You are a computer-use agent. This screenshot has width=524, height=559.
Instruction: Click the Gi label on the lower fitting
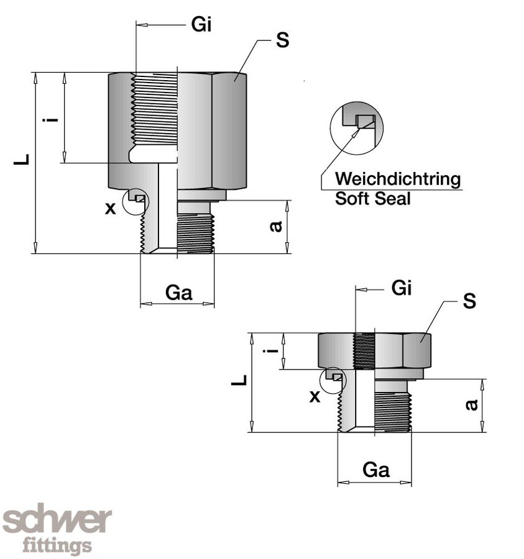tap(402, 288)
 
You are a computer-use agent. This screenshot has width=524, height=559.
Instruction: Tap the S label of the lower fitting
tap(469, 301)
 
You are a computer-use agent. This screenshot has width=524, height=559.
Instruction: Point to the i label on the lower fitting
tap(270, 352)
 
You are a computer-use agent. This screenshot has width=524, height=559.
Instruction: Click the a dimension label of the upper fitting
tap(277, 227)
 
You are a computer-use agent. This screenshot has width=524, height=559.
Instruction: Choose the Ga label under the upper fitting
tap(178, 293)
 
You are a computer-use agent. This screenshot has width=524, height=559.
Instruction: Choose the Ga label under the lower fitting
tap(375, 470)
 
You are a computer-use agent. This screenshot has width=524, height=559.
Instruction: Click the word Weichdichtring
tap(398, 180)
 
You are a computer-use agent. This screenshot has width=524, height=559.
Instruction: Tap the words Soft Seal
tap(373, 199)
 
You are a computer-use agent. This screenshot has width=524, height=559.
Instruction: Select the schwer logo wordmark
tap(57, 520)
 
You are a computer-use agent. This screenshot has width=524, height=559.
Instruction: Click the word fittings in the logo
tap(57, 546)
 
